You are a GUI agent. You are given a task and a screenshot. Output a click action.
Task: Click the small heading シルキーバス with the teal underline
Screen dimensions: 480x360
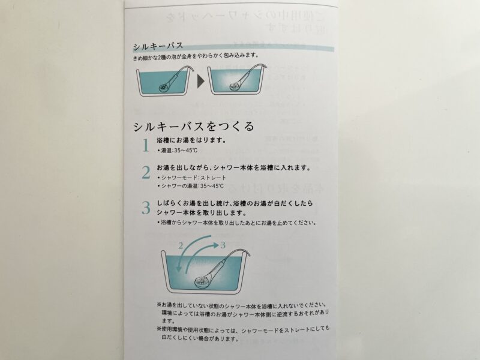(x=158, y=46)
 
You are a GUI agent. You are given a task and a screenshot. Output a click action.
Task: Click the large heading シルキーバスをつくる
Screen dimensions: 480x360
(x=194, y=126)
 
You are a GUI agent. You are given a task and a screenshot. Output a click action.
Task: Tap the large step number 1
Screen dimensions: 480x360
(x=146, y=145)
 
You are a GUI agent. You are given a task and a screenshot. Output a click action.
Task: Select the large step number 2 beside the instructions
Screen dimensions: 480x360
(x=146, y=173)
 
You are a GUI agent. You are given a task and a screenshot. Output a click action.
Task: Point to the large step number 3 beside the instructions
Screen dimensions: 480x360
(x=146, y=208)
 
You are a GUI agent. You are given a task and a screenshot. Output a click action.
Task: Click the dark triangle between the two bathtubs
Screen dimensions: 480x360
(x=200, y=82)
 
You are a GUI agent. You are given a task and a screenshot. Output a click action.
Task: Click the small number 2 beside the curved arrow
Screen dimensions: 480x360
(x=181, y=245)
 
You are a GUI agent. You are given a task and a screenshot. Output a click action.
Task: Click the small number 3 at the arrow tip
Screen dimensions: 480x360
(x=223, y=245)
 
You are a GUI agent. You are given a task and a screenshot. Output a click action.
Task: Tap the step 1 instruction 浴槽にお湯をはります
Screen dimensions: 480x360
(x=192, y=140)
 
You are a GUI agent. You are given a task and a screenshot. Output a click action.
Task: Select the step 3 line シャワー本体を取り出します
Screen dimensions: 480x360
(x=202, y=212)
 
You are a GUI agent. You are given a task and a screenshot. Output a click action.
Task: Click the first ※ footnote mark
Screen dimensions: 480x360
(x=159, y=305)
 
